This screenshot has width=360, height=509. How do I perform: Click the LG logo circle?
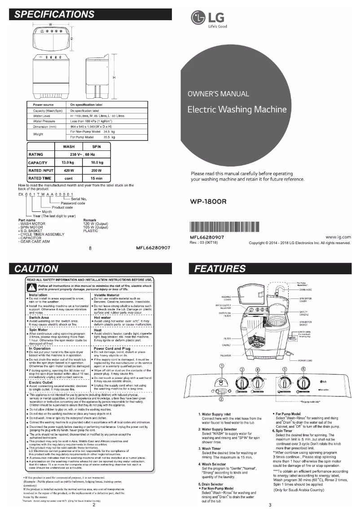197,19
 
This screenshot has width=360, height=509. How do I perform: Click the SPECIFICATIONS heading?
54,14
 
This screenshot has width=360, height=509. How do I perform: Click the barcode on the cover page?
224,227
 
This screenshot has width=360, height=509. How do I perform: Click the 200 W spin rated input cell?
96,170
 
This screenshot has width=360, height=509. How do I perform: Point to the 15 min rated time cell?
96,178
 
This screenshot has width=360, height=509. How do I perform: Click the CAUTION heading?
37,269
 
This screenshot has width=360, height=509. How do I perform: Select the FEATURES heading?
220,269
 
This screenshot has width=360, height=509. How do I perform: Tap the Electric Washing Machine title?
237,109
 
